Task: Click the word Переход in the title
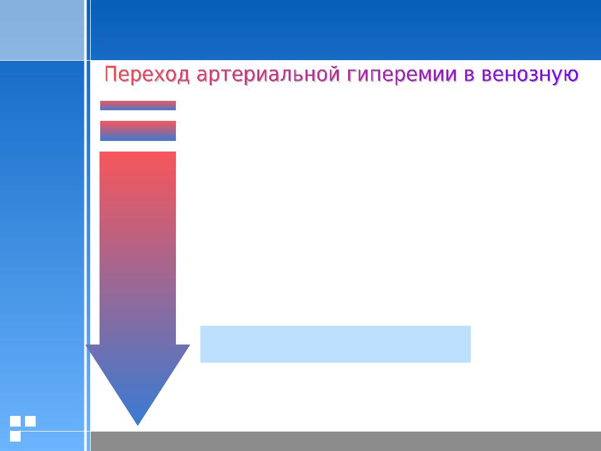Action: (x=147, y=75)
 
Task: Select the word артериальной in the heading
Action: (x=268, y=75)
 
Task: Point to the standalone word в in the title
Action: (x=469, y=75)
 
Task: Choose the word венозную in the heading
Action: (x=530, y=75)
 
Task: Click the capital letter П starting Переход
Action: (x=110, y=74)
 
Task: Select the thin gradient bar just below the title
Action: (x=138, y=105)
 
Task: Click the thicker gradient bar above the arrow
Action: (x=138, y=131)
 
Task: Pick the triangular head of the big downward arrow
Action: (x=138, y=376)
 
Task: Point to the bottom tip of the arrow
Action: (x=138, y=425)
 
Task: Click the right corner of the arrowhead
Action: (x=190, y=345)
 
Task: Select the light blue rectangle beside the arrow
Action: (x=336, y=344)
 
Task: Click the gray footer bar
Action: (x=346, y=441)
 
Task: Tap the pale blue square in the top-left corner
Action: (x=42, y=30)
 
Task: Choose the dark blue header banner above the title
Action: (x=346, y=30)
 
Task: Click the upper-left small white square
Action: (x=15, y=421)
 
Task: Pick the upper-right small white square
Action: (x=30, y=421)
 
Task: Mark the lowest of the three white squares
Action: (x=15, y=436)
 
